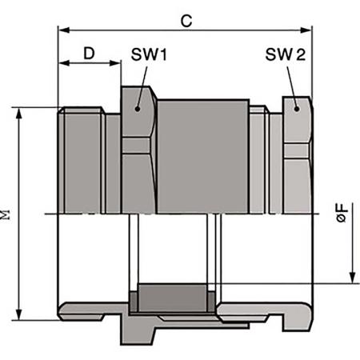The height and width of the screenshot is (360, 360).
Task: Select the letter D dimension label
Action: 90,54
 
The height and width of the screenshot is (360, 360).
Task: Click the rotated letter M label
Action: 7,214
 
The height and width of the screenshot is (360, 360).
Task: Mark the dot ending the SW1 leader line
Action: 138,109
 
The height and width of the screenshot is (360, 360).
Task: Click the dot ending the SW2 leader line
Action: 297,107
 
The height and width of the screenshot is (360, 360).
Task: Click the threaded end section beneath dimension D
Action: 82,160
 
